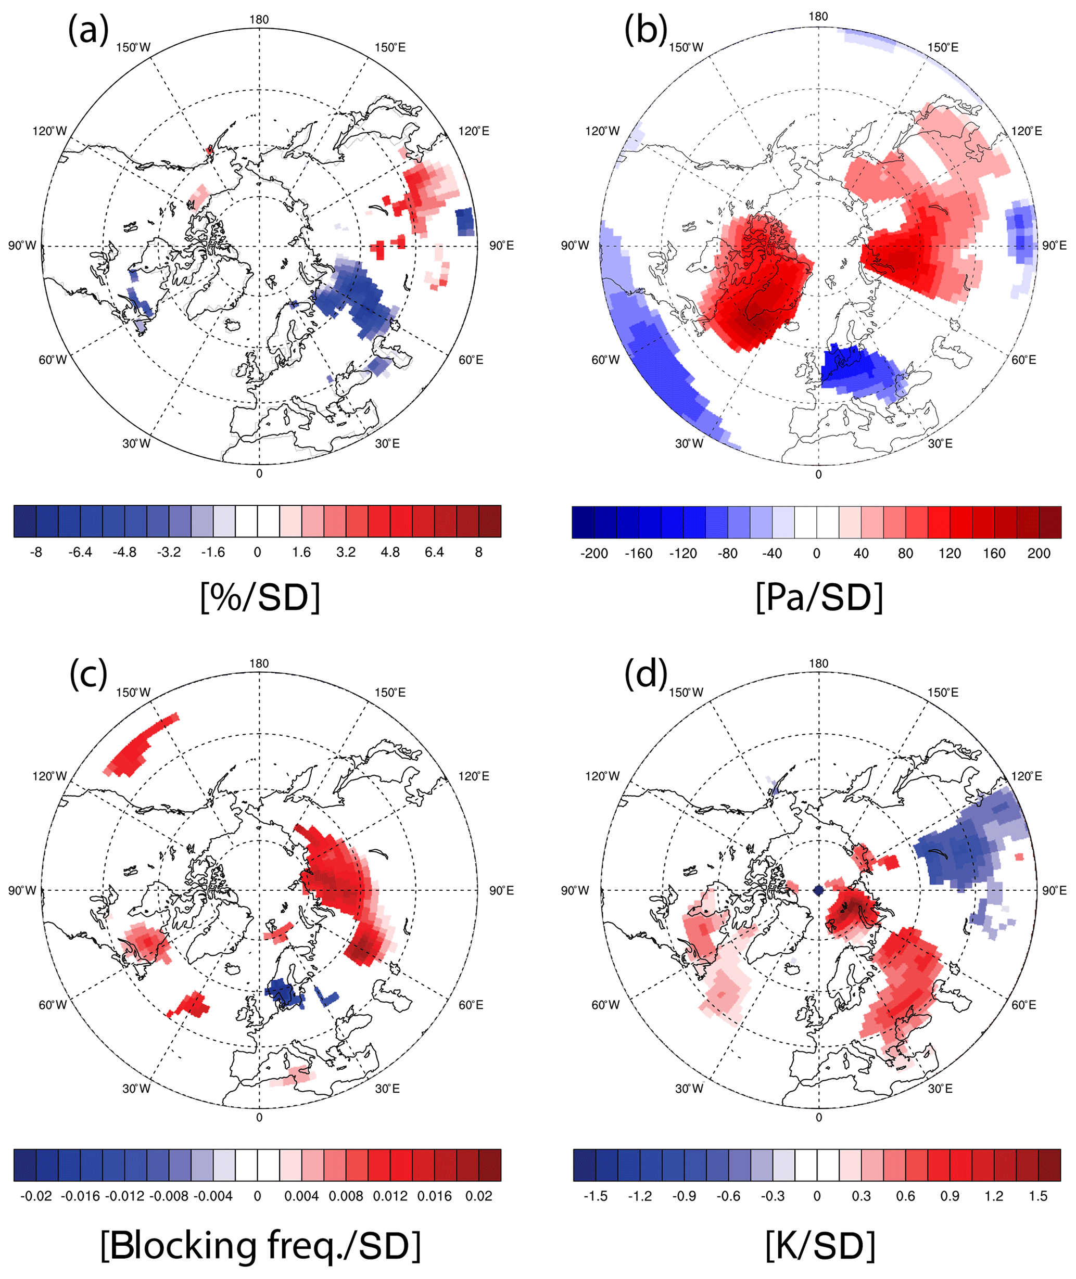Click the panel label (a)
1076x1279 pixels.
click(x=88, y=31)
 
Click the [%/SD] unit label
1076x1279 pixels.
click(x=260, y=597)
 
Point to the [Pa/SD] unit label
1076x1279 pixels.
click(x=819, y=597)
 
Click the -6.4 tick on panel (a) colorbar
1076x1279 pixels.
click(x=80, y=552)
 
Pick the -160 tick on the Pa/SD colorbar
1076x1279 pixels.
click(x=638, y=554)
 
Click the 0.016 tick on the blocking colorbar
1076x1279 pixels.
click(x=434, y=1196)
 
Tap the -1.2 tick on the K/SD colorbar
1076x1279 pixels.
click(x=639, y=1196)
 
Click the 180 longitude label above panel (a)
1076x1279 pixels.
click(x=259, y=19)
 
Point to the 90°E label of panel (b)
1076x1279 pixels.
click(x=1054, y=246)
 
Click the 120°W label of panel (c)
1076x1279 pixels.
click(x=49, y=776)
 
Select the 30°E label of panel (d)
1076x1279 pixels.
click(x=940, y=1088)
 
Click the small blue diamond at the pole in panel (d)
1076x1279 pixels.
click(x=819, y=891)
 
